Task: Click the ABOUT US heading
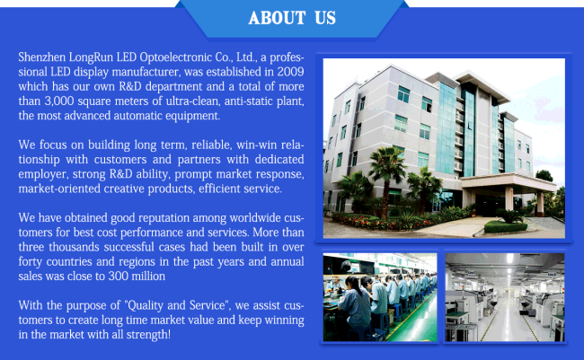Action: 292,18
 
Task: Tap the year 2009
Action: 290,72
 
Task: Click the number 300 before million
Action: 118,277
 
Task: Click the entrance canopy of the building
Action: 509,181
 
